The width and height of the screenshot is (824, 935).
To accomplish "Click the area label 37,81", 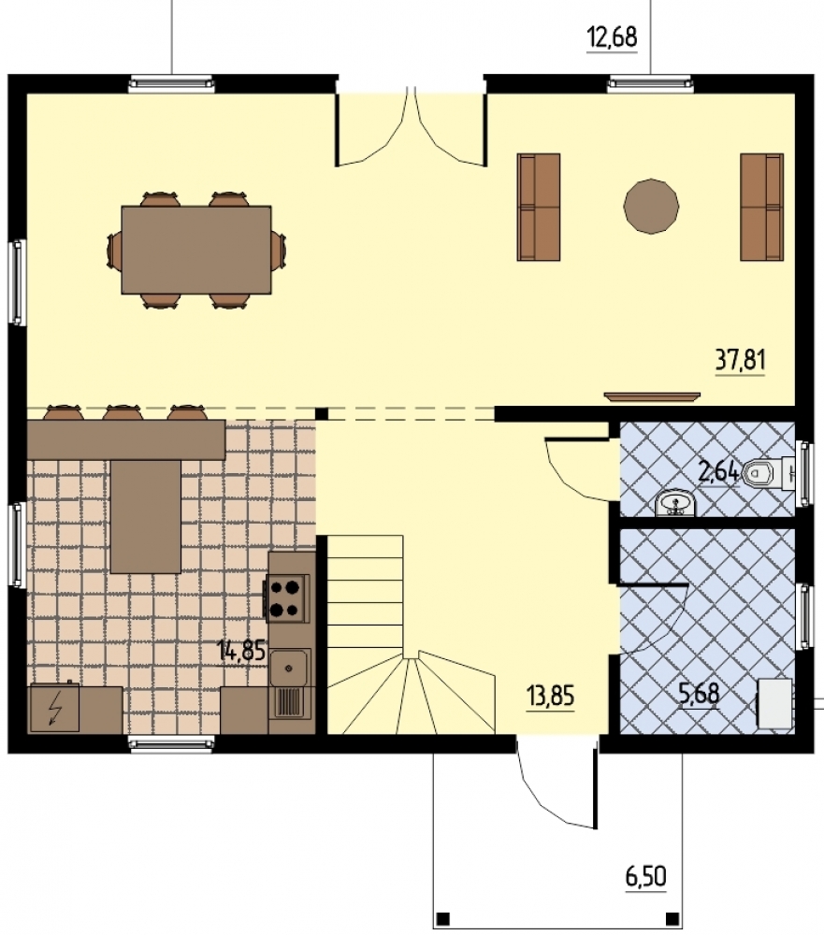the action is (x=740, y=361).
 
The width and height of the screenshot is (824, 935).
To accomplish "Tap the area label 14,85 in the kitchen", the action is (x=241, y=650).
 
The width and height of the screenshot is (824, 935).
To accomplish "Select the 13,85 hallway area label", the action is (x=550, y=696).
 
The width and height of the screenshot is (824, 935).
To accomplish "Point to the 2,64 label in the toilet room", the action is (x=718, y=473).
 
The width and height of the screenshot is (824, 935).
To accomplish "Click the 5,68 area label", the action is (x=699, y=693).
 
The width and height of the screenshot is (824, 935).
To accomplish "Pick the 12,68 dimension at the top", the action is (x=613, y=37).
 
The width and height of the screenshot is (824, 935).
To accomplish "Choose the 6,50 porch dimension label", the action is (x=645, y=877).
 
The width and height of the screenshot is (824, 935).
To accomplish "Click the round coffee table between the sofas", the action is (x=651, y=206).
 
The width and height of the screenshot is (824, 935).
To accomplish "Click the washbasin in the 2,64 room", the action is (x=675, y=504).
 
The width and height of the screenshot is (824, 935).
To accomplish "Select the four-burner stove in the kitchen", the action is (x=287, y=598).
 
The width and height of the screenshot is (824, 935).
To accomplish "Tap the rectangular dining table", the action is (x=196, y=250).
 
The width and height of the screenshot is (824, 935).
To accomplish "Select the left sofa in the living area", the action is (x=538, y=207).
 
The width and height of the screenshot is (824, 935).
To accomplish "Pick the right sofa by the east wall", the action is (x=762, y=207).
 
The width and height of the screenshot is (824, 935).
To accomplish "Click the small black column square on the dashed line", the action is (x=322, y=413).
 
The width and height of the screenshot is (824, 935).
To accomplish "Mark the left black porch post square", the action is (x=442, y=916).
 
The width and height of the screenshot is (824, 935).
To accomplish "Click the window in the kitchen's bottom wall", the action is (x=172, y=743).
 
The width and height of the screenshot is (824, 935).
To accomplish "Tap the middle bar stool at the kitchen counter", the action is (x=123, y=412).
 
